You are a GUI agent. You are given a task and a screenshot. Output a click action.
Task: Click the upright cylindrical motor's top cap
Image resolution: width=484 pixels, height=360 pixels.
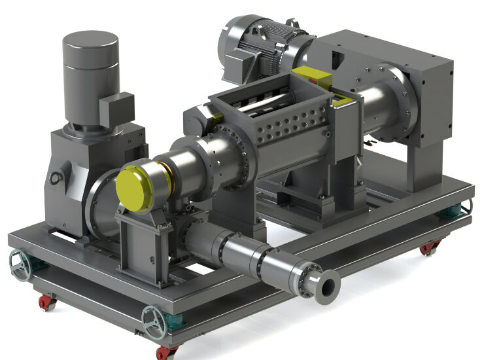90,41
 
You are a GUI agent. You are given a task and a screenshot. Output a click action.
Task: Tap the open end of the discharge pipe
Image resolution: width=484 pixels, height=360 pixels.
326,284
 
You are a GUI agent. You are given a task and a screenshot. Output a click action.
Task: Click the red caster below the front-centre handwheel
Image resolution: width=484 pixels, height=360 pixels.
164,351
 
